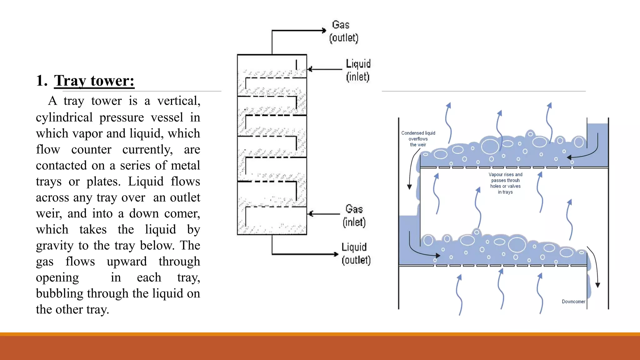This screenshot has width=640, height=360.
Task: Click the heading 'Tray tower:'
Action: (94, 81)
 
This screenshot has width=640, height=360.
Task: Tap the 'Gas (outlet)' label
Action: (343, 31)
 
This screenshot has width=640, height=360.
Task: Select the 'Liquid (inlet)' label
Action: (358, 70)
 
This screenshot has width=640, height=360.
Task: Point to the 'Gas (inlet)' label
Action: (354, 216)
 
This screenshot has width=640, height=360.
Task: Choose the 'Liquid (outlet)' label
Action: (356, 253)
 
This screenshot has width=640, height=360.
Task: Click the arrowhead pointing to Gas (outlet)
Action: (324, 30)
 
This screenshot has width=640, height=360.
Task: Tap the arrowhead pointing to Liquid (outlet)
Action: (336, 254)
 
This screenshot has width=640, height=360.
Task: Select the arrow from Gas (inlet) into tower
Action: (323, 214)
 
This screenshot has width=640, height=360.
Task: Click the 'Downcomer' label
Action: (573, 302)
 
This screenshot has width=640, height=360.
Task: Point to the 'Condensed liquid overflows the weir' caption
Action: (418, 139)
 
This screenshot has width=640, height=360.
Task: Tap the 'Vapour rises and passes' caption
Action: (505, 183)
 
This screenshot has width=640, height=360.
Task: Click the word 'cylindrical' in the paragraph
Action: (64, 117)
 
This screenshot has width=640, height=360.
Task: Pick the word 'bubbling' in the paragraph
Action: (59, 294)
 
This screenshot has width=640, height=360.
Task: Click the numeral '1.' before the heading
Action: (42, 81)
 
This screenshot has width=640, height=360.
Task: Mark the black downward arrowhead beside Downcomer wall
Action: (597, 285)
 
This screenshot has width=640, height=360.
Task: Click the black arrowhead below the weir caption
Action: (409, 187)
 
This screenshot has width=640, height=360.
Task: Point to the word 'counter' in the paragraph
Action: (91, 150)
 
